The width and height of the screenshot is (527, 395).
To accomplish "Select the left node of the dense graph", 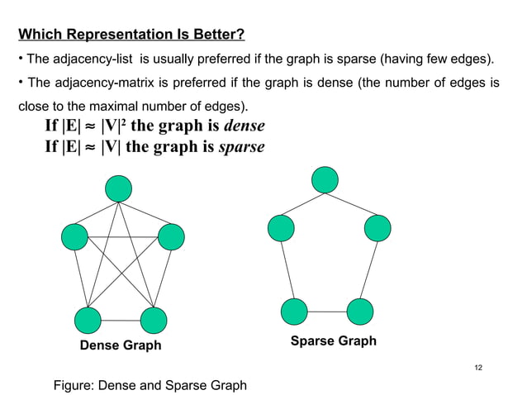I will point(74,237).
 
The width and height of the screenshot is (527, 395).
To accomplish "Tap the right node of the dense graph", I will point(170,237).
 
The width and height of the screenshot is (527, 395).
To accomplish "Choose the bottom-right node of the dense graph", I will point(154,320).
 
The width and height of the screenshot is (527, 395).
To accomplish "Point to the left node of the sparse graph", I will point(280,228).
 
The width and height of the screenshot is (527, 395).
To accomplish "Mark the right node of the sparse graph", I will point(377,228).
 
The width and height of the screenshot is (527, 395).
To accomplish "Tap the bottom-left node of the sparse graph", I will point(294,312).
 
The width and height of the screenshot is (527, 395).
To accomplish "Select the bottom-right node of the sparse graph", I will point(360,312).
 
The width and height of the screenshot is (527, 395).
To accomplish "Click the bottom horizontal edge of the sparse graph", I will point(327,312).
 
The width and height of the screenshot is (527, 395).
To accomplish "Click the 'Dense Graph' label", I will point(121,345).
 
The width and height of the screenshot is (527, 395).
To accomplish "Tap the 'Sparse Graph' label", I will point(334,340).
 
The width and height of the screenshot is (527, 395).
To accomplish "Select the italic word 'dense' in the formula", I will point(245,127).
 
